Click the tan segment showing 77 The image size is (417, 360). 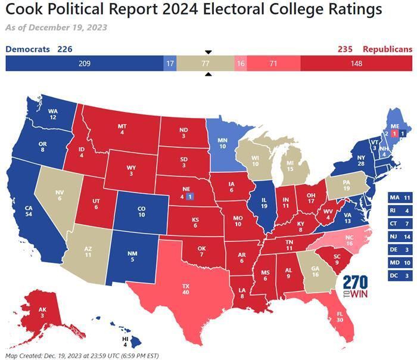[206, 63]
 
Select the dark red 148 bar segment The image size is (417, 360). [356, 63]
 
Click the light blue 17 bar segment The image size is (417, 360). [170, 63]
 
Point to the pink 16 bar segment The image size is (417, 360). [241, 63]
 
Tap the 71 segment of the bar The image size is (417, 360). [273, 63]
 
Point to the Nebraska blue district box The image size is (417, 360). [189, 196]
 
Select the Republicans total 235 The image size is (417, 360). [347, 49]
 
